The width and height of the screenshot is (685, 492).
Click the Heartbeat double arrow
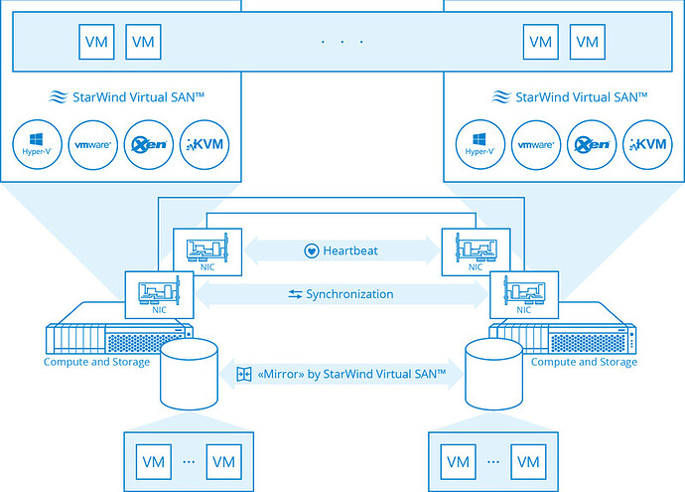coord(342,250)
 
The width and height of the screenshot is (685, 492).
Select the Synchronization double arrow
coord(342,294)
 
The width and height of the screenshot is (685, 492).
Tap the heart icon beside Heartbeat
coord(311,250)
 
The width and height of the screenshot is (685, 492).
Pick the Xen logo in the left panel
coord(148,145)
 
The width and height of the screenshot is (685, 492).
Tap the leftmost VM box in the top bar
coord(96,42)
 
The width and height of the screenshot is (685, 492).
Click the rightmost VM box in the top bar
coord(588,42)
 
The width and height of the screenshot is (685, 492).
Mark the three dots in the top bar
coord(342,42)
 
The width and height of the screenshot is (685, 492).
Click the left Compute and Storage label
coord(96,362)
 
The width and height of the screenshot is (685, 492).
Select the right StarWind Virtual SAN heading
coord(570,97)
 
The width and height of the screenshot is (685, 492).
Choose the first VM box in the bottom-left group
coord(154,461)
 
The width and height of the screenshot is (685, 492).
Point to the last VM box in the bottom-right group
coord(529,461)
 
